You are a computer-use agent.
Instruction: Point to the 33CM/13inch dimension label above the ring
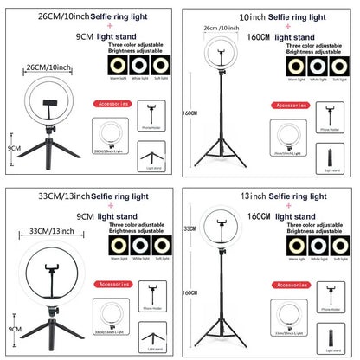[50, 232]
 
